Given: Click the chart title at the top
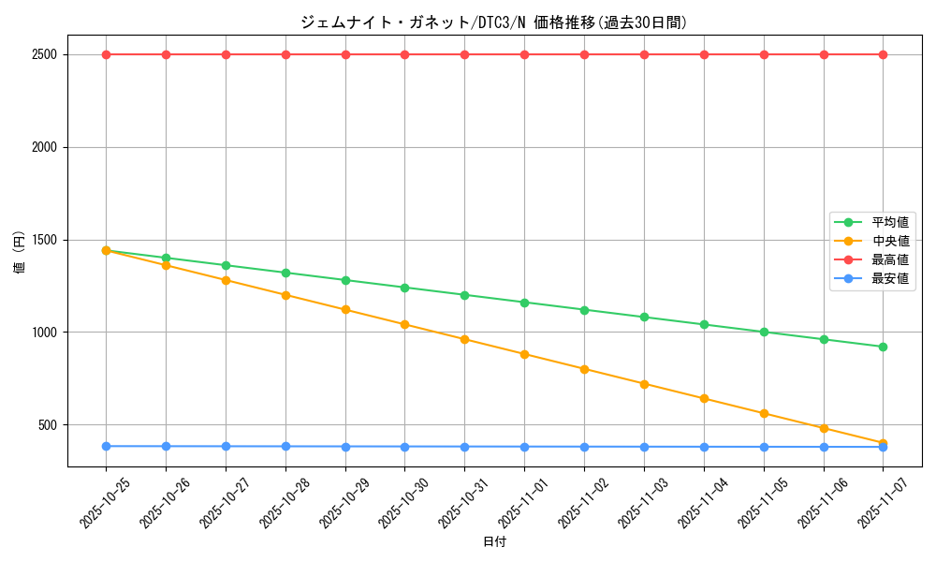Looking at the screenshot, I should [x=493, y=22].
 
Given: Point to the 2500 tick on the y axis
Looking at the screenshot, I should [x=44, y=54].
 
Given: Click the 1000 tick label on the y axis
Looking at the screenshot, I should [x=44, y=333].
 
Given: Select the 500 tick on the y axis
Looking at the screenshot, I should [x=47, y=425].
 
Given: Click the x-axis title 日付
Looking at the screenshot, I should [x=493, y=542].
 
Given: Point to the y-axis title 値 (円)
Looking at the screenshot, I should [x=20, y=253].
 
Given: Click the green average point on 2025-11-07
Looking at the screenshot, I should [x=883, y=347].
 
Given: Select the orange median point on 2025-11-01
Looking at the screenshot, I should [x=524, y=354].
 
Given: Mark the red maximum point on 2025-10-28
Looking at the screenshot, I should [x=285, y=54].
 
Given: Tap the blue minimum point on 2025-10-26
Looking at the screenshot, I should [x=166, y=446].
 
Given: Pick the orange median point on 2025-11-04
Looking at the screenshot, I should [x=704, y=398].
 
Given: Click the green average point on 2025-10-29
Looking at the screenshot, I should [x=345, y=280].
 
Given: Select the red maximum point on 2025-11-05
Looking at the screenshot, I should [x=764, y=54].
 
